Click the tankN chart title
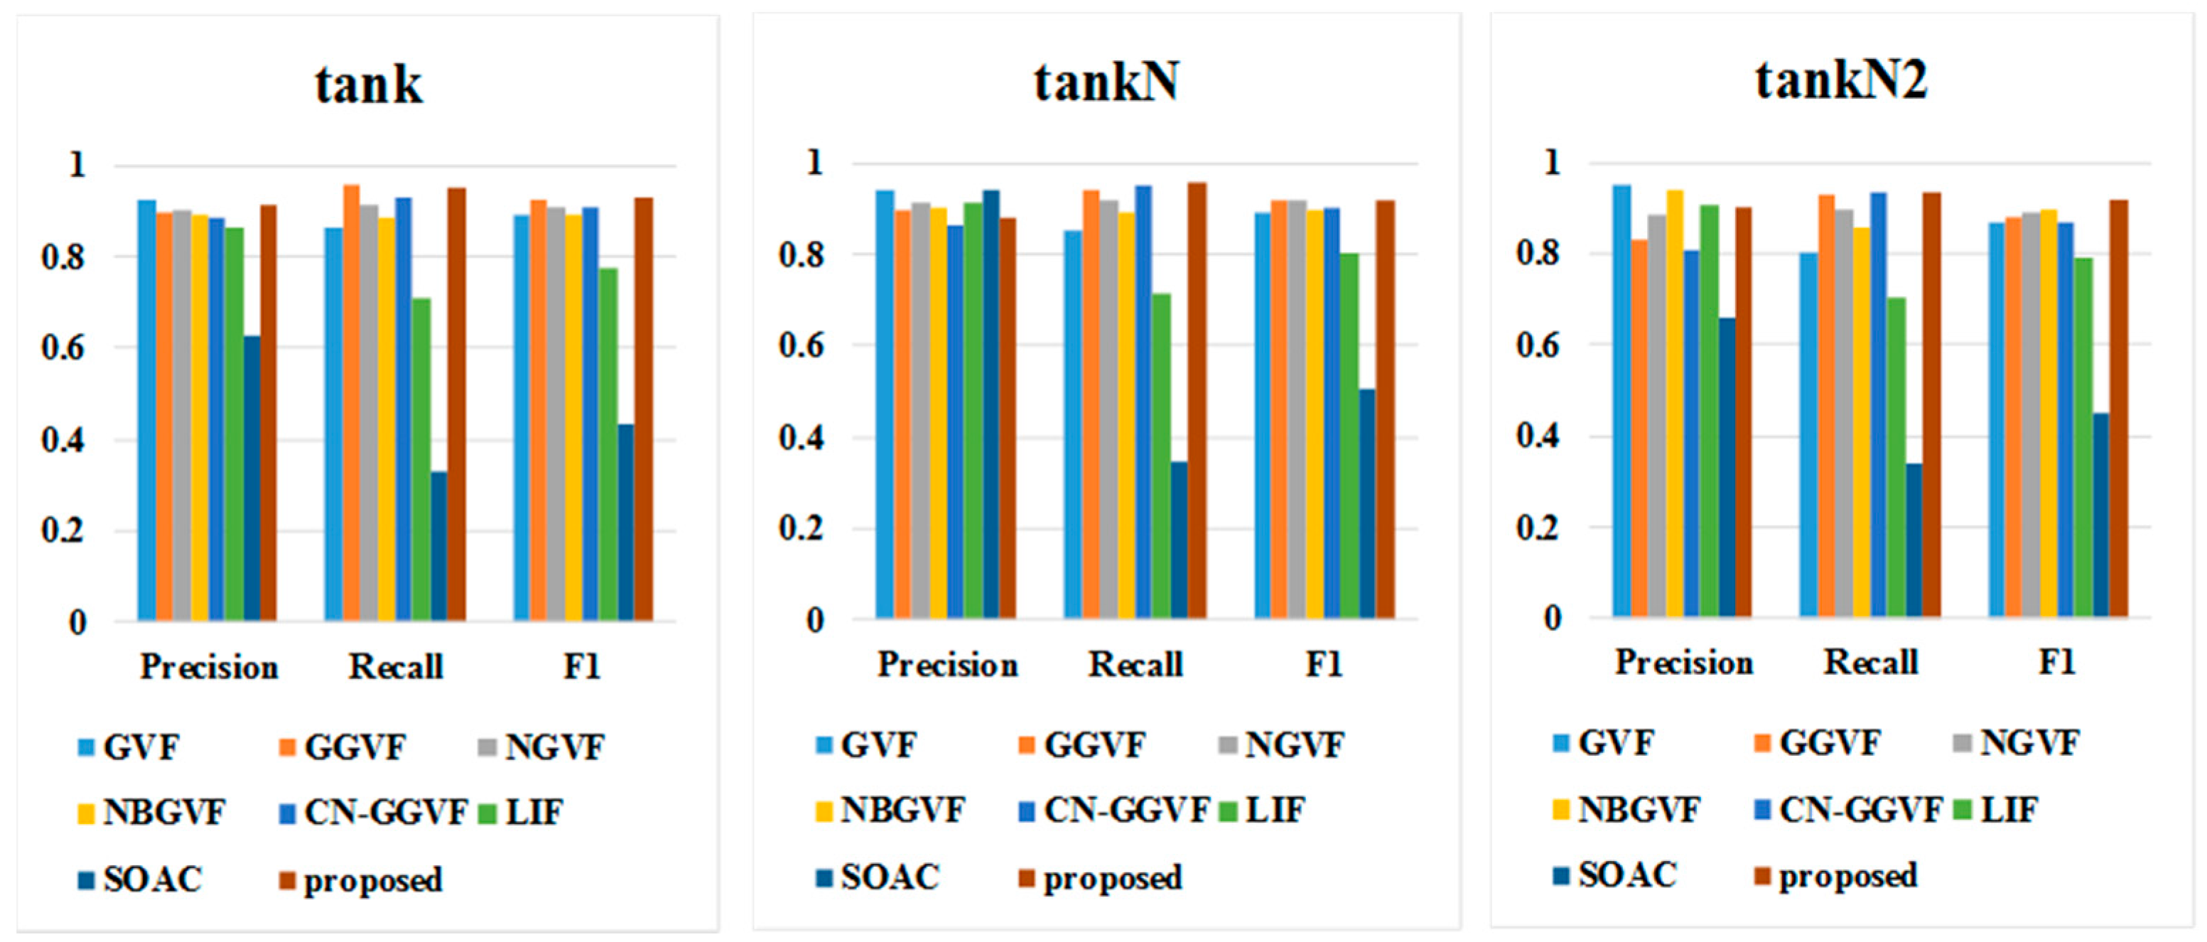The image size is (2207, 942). click(1106, 82)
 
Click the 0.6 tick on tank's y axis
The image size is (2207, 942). click(63, 349)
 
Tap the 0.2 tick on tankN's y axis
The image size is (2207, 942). click(801, 529)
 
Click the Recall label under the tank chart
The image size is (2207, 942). click(395, 667)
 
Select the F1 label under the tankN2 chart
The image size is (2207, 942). click(2057, 662)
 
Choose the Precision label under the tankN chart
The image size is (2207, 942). click(948, 664)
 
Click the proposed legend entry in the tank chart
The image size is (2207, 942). click(372, 880)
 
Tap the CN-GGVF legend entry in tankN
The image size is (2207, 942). click(1125, 810)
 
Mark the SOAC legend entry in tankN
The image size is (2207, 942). click(890, 877)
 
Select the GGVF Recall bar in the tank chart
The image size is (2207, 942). click(351, 403)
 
